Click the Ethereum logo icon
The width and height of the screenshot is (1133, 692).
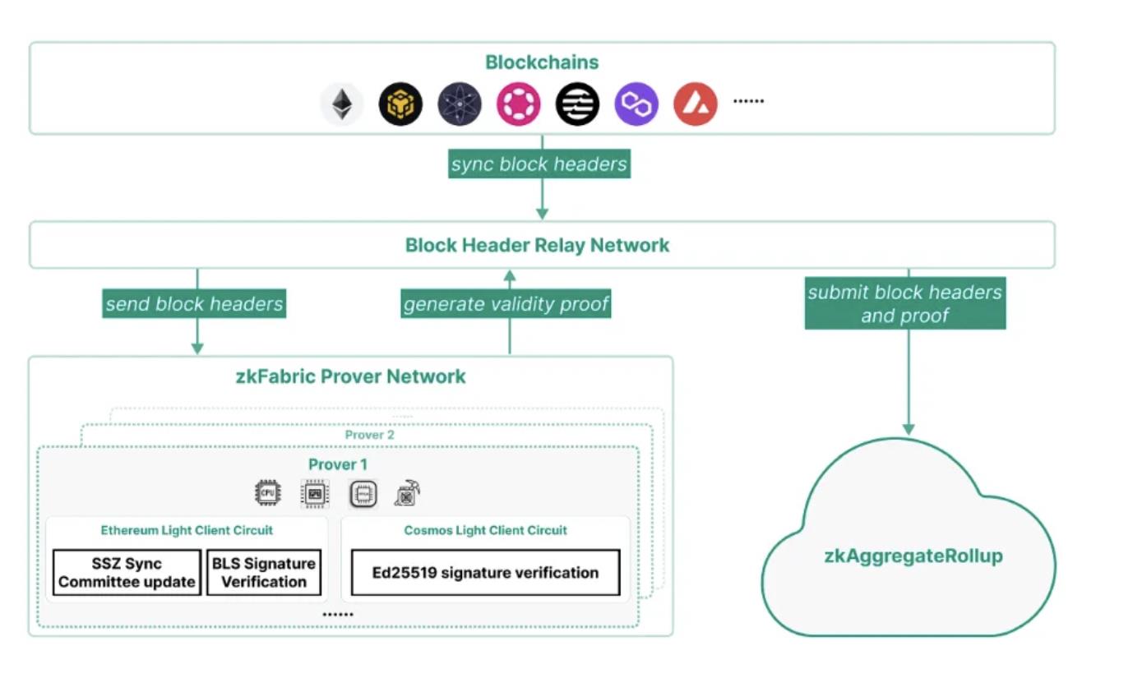click(341, 104)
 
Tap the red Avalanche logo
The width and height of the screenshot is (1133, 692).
click(696, 104)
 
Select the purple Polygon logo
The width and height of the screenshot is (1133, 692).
click(636, 104)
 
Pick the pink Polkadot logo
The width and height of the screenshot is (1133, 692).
click(518, 104)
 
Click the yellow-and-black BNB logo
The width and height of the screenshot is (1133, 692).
click(400, 104)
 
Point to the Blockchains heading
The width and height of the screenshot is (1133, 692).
click(542, 62)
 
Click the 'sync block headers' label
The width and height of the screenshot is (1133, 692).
click(539, 164)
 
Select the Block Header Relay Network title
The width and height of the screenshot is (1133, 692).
click(538, 245)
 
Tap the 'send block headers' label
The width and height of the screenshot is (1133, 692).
click(194, 304)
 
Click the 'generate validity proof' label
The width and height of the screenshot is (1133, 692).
click(506, 304)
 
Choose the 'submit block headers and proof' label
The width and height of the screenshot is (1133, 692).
click(904, 303)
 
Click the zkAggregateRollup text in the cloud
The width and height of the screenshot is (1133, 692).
click(913, 556)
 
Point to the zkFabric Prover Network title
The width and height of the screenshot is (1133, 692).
click(350, 376)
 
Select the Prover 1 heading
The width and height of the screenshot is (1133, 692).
click(338, 464)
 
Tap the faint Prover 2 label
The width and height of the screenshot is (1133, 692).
click(369, 435)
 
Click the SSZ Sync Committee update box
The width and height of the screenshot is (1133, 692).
click(127, 573)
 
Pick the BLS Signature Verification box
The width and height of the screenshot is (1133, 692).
click(264, 573)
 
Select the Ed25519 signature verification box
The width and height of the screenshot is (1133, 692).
click(485, 573)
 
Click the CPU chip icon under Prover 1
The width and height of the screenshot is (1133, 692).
click(267, 493)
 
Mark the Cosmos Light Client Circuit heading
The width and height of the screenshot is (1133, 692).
click(485, 530)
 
